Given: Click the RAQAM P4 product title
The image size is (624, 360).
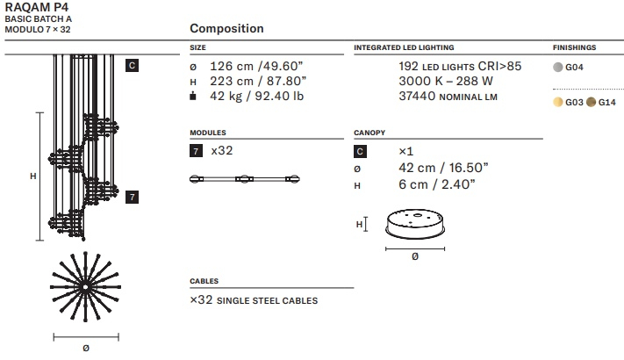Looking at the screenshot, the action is (37, 7).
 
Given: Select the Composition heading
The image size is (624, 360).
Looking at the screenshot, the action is (226, 28).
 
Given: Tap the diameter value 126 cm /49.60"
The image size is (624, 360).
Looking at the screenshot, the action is (256, 66).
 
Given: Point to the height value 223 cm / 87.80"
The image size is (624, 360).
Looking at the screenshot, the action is (258, 82).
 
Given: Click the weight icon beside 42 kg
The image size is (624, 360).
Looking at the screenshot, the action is (193, 96).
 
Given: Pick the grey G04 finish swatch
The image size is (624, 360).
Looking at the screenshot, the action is (558, 67).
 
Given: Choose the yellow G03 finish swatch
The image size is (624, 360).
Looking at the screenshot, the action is (558, 102).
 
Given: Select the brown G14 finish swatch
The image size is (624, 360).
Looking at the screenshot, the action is (591, 102).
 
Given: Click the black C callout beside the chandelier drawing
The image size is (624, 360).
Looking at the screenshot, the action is (133, 65).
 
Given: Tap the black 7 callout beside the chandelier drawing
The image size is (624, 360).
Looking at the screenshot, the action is (133, 197).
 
